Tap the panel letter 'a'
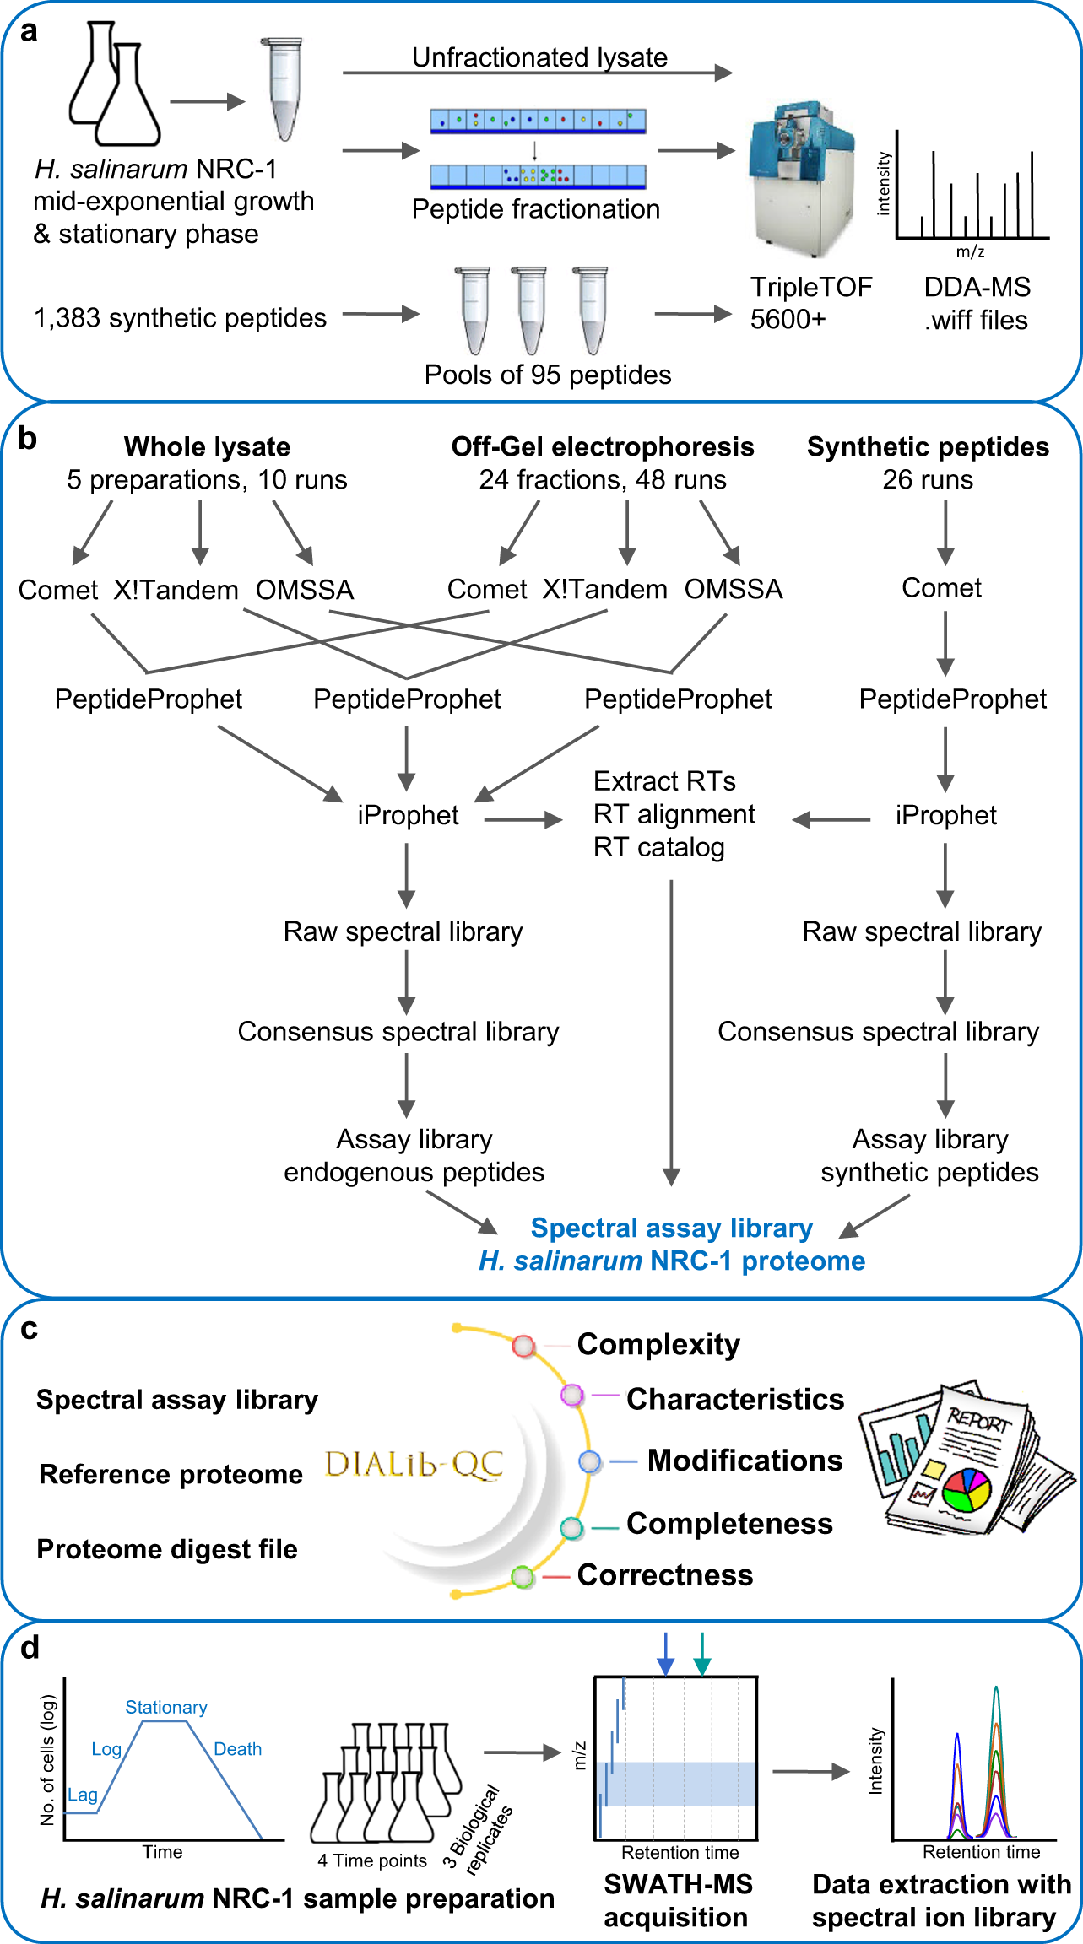click(x=29, y=31)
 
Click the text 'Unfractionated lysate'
click(x=539, y=57)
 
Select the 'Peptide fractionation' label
click(x=536, y=208)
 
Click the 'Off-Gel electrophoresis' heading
click(x=603, y=446)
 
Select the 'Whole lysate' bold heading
click(x=207, y=446)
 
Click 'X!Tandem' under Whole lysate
click(x=176, y=589)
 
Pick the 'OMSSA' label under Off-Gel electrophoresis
click(x=733, y=589)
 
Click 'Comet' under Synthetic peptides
click(x=941, y=587)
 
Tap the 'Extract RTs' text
click(x=664, y=781)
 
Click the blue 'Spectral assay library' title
click(x=671, y=1228)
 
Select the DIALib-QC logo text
click(x=414, y=1465)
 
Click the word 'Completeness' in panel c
click(x=729, y=1523)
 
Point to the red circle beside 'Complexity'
click(x=523, y=1346)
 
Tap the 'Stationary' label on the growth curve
click(x=166, y=1707)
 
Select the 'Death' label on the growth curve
click(x=237, y=1749)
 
